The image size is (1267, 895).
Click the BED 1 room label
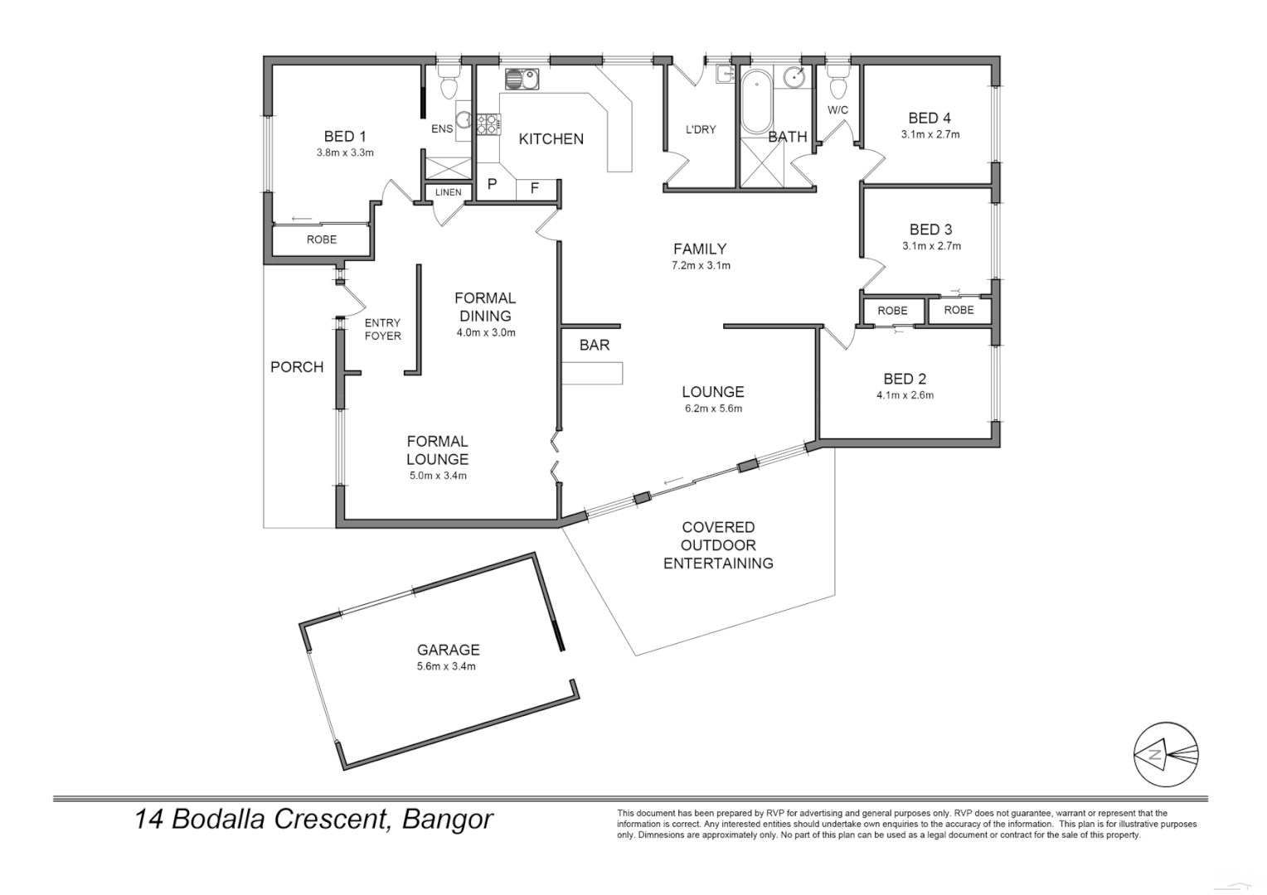pos(345,137)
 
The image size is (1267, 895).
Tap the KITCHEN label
pos(551,139)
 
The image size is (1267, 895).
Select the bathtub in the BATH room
pos(755,103)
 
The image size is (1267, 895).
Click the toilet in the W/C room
pos(837,85)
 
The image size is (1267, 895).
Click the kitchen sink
pos(522,80)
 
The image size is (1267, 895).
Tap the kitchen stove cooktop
pos(488,125)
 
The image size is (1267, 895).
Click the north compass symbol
pos(1166,753)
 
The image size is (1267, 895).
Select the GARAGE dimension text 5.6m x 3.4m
pos(448,666)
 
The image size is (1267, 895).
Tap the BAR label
pos(595,345)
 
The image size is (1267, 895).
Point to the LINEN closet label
pos(448,192)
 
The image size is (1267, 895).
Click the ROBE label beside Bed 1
pos(322,239)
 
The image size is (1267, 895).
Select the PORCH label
pos(297,367)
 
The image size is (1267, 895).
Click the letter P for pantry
pos(492,184)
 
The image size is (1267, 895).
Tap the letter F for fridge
pos(535,188)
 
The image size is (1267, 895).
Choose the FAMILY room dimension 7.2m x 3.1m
pos(700,266)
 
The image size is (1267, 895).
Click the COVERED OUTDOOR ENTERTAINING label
pos(718,545)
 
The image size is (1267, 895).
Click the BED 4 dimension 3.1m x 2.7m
pos(930,134)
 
